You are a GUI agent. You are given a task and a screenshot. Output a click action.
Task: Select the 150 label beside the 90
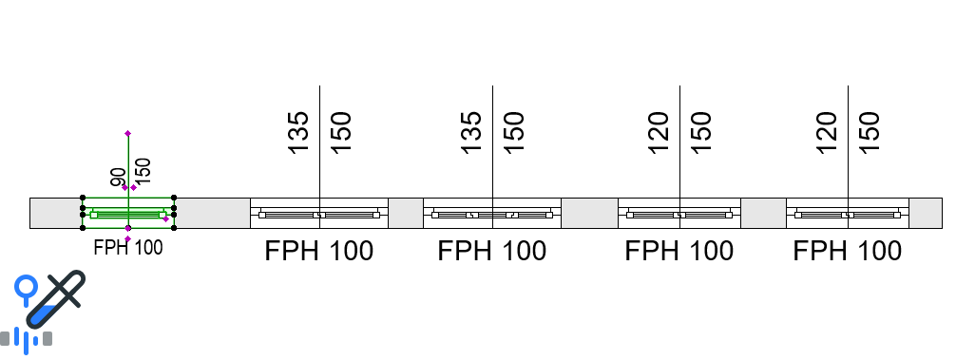point(142,171)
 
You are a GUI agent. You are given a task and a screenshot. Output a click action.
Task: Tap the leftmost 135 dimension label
point(298,133)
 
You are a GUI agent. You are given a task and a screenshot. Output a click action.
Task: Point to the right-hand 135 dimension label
point(471,133)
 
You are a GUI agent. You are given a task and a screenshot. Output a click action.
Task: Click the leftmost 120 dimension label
point(659,133)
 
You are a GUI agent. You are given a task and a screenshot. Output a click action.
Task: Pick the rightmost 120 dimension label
point(827,133)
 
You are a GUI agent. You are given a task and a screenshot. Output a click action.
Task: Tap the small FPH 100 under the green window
point(128,248)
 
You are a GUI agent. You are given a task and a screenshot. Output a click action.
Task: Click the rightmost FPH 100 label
point(847,251)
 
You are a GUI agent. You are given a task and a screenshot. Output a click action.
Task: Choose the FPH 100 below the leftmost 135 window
point(319,251)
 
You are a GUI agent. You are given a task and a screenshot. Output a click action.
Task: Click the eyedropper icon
point(55,298)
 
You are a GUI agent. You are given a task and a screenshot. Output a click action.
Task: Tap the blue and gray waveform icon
point(27,339)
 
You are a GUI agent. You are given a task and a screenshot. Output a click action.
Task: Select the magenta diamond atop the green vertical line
point(128,133)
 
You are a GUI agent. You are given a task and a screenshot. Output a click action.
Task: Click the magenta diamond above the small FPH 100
point(128,238)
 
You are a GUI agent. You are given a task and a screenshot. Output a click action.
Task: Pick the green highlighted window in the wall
point(128,213)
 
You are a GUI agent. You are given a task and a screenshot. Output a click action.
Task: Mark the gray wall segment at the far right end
point(926,213)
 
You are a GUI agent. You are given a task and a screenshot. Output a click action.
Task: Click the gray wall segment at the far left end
point(56,213)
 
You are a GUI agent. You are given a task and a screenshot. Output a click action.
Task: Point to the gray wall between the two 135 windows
point(406,213)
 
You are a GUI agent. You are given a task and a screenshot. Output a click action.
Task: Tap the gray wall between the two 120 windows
point(763,213)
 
